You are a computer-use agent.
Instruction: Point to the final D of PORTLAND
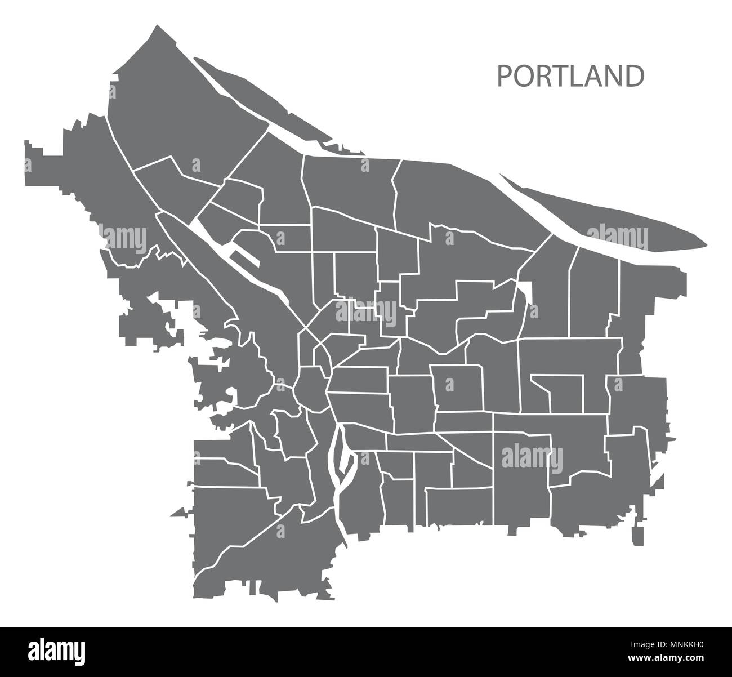click(x=634, y=77)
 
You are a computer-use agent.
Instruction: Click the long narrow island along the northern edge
click(x=259, y=107)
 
